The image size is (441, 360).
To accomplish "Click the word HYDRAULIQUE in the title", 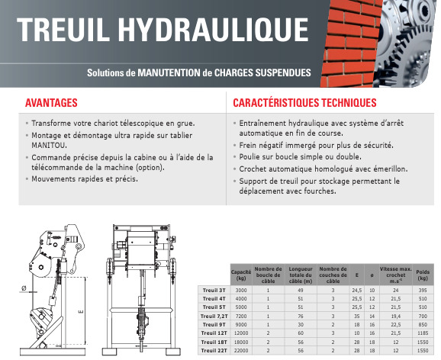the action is pos(213,30).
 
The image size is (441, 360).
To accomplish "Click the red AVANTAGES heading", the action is pos(51,103).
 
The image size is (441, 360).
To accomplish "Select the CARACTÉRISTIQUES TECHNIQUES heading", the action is pos(304,103).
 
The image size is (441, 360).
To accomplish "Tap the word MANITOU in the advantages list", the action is pos(50,146).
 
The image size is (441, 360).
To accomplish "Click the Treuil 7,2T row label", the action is pos(214,316).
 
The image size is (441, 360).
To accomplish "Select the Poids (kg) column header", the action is pos(423,275).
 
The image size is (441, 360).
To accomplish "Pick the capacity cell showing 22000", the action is pos(241,350).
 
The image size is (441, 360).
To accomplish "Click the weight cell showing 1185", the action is pos(423,333).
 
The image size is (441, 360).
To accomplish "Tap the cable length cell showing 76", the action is pos(301,316).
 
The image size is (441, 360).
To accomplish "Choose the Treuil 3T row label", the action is pos(214,291).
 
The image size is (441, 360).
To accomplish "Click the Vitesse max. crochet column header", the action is pos(395,275).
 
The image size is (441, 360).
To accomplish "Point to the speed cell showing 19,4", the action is pos(395,316).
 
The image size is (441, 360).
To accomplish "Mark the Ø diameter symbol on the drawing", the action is pos(24,288).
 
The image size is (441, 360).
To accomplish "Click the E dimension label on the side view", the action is pos(81,311).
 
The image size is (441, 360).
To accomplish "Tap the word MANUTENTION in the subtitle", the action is pos(169,72).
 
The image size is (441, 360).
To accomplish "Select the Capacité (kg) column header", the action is pos(241,275).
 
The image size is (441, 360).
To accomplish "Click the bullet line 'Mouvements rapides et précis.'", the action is pos(85,179).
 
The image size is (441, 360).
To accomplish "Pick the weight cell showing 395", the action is pos(423,291).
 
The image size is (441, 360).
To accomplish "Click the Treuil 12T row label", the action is pos(214,333).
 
